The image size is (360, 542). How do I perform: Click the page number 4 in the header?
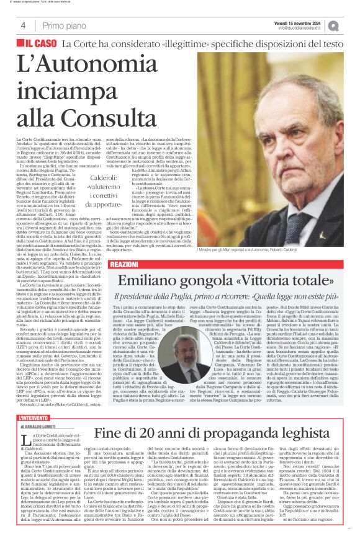(23, 25)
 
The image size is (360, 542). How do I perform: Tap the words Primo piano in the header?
(65, 25)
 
